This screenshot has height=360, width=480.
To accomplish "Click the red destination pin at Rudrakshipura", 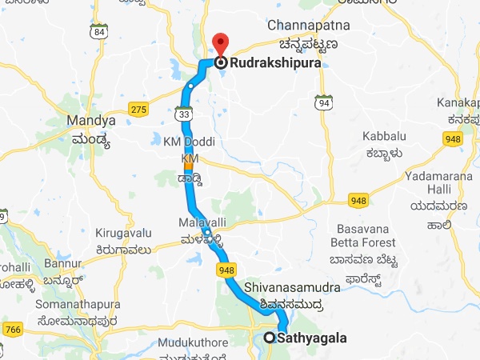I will pyautogui.click(x=218, y=44).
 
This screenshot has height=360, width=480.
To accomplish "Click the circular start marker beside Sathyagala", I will pyautogui.click(x=270, y=338).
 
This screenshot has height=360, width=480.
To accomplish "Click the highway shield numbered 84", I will pyautogui.click(x=98, y=32).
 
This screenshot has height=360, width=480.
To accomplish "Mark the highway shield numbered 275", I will pyautogui.click(x=139, y=109).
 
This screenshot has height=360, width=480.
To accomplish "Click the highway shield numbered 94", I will pyautogui.click(x=323, y=103).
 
